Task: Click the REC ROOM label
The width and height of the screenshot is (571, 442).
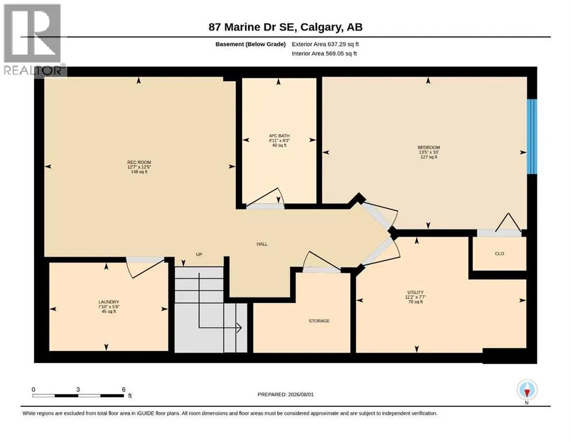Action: pos(139,162)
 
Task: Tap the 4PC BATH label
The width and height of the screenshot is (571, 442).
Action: pos(279,136)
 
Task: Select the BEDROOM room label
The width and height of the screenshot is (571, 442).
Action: pos(428,147)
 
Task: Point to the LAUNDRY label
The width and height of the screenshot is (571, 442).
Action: pos(109,302)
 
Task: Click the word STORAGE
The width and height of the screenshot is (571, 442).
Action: pos(319,321)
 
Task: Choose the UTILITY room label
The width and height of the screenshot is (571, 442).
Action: pos(416,292)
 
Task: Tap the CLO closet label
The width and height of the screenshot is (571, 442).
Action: pos(500,254)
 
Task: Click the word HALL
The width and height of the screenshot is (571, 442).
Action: pos(262,244)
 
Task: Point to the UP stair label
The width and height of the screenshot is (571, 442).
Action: pos(199,254)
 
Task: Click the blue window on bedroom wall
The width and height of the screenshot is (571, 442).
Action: pos(532,136)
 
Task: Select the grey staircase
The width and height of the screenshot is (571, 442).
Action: pos(211,310)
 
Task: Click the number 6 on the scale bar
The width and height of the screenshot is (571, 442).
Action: pos(124,389)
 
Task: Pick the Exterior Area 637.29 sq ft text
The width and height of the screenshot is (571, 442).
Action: pos(325,44)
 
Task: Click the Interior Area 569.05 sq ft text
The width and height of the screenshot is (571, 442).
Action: pos(324,54)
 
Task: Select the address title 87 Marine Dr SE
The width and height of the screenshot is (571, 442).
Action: pos(253,27)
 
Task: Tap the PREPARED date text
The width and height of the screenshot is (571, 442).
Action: pos(285,394)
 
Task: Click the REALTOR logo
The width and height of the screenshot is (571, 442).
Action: pos(33,40)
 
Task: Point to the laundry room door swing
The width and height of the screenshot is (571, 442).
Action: pos(145,268)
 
